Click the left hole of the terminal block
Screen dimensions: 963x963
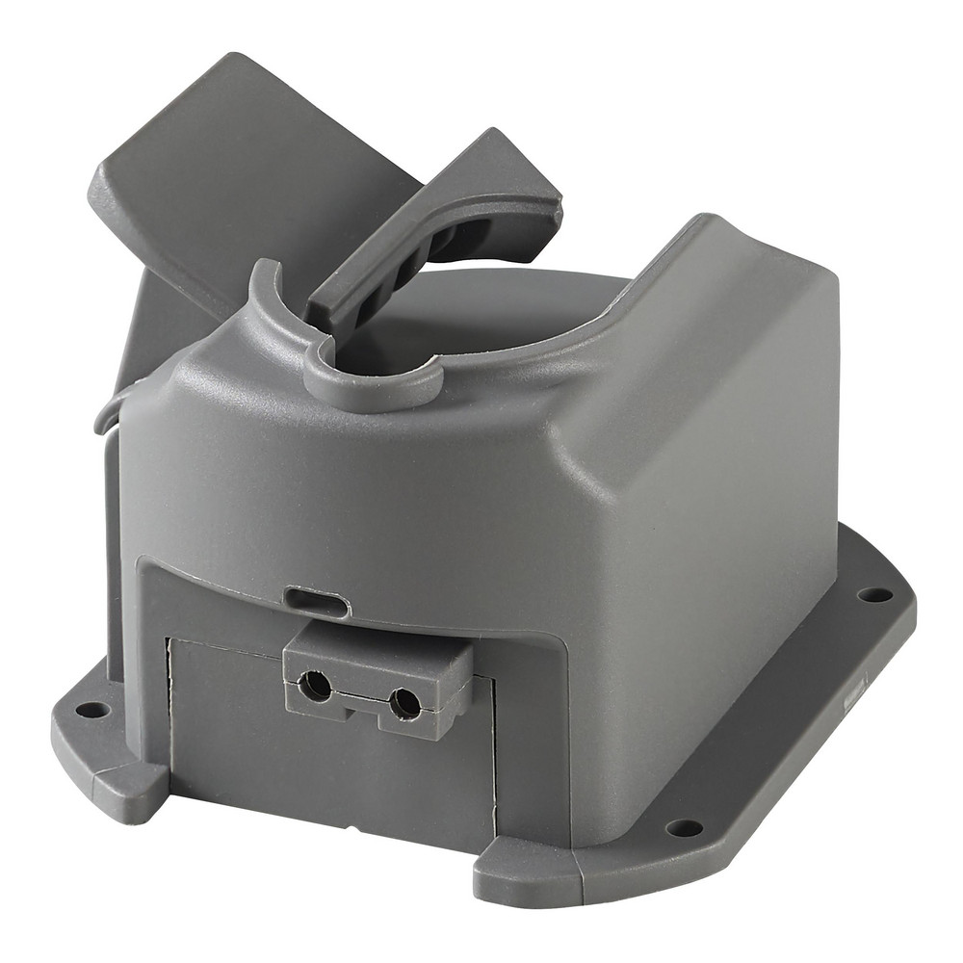[315, 686]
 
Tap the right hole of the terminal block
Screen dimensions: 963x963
[405, 703]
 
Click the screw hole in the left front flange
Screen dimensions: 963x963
[92, 710]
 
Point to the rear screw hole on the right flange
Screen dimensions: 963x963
[874, 594]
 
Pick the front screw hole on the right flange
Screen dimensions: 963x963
[685, 827]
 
